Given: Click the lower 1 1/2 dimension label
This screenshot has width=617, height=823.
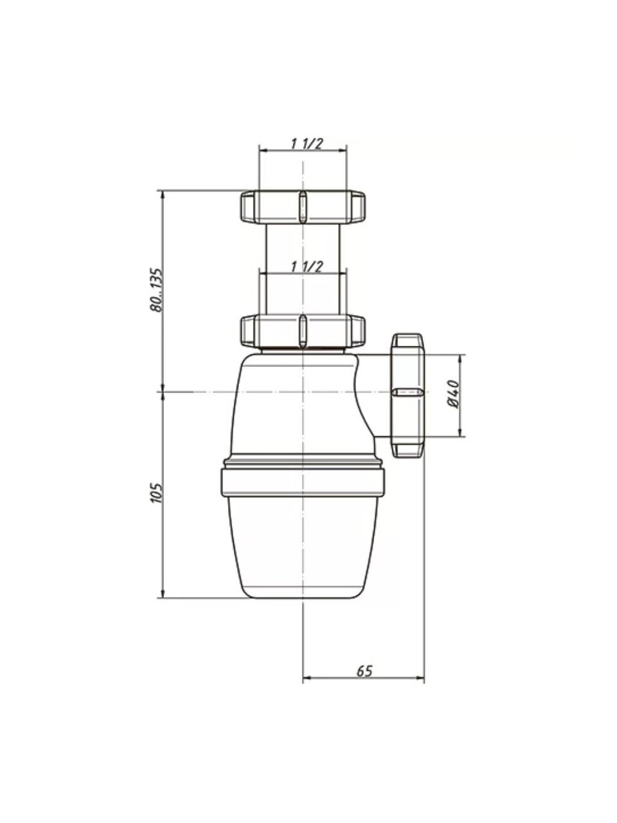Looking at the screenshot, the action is tap(307, 267).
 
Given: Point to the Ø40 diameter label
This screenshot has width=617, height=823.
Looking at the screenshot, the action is tap(453, 394).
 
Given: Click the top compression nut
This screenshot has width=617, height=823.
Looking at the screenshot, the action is tap(302, 207).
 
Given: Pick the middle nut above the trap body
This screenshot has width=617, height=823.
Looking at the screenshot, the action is tap(302, 331).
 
